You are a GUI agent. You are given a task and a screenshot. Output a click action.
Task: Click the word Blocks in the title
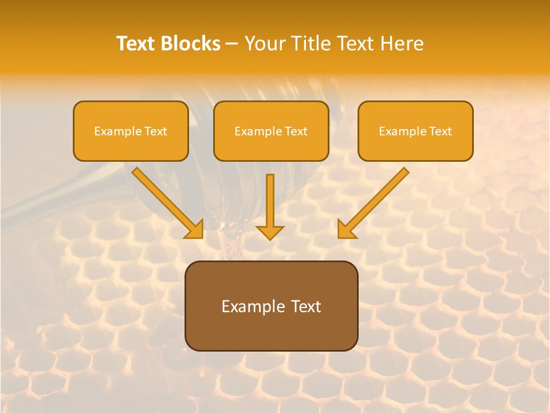coord(192,44)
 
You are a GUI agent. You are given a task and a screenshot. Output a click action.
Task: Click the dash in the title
coord(232,44)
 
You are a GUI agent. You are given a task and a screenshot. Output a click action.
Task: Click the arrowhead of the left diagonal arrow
coord(194,229)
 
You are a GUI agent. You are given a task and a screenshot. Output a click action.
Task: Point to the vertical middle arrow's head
coord(270,232)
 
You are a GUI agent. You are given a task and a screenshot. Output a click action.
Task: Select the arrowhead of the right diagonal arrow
coord(346,229)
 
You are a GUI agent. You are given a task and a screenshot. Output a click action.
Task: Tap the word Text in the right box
coord(440,131)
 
